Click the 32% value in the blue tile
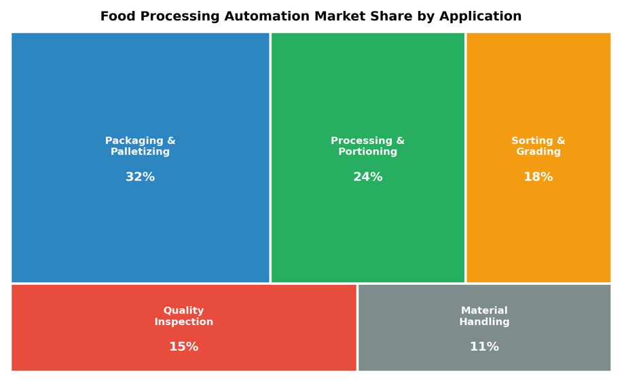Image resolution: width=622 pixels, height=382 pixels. [140, 176]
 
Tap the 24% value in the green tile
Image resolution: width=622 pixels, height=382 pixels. [368, 176]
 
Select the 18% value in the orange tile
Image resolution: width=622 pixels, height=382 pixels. [538, 176]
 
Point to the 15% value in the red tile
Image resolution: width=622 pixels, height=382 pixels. [183, 347]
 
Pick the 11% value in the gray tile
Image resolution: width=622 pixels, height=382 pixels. [484, 347]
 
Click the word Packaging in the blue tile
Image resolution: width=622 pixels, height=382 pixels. [134, 140]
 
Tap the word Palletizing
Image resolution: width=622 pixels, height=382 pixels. [140, 152]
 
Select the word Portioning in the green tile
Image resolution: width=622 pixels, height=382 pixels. [368, 152]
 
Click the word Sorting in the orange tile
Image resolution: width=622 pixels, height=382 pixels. [532, 140]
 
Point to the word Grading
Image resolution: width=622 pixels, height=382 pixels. [538, 152]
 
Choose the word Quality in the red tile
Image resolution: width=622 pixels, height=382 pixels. [183, 311]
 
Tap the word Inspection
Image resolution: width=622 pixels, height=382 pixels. [183, 322]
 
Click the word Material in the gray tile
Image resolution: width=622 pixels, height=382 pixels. [484, 311]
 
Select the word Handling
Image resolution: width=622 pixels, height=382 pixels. [484, 322]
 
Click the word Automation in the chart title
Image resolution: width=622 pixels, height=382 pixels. [267, 16]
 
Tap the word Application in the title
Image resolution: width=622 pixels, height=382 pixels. [480, 17]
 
